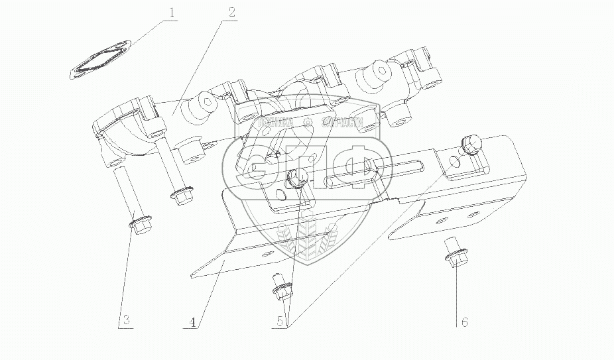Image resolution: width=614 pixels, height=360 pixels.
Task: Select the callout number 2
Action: pyautogui.click(x=231, y=12)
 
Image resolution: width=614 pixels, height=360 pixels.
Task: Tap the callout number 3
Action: pyautogui.click(x=126, y=321)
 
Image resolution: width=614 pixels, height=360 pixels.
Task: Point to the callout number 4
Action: pyautogui.click(x=192, y=323)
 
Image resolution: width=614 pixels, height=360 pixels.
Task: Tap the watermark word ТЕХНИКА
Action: pyautogui.click(x=273, y=123)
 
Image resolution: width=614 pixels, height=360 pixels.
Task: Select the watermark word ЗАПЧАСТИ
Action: pyautogui.click(x=341, y=123)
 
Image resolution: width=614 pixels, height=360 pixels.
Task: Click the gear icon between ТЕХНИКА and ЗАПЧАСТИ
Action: pyautogui.click(x=307, y=123)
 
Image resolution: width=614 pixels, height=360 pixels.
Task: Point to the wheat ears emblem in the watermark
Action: pyautogui.click(x=307, y=239)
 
